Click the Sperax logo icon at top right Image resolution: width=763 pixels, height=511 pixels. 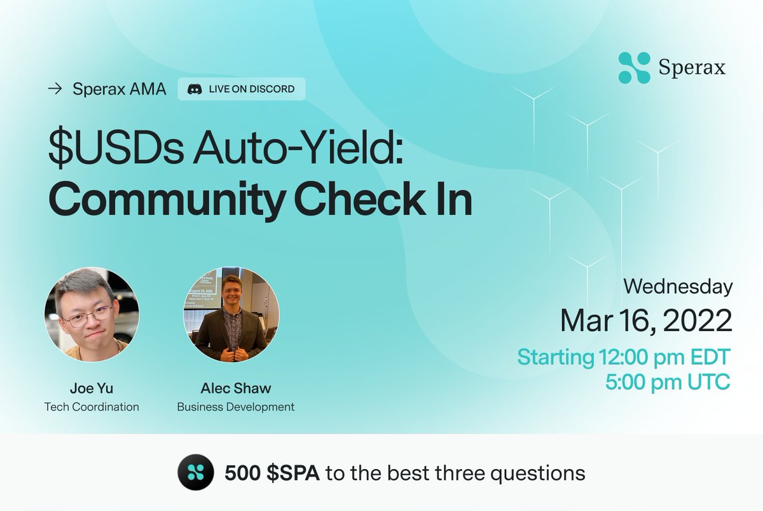coord(634,68)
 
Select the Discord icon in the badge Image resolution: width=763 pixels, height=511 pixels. coord(195,89)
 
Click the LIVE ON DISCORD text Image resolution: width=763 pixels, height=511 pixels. coord(251,89)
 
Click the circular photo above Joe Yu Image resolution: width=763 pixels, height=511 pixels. coord(92,315)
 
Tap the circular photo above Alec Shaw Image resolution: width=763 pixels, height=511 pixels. coord(231,315)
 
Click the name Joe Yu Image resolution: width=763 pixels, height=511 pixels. coord(92,388)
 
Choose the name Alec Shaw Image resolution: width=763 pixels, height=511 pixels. coord(235,388)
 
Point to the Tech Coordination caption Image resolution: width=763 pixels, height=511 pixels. coord(92,407)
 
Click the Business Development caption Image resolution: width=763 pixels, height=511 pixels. coord(235,407)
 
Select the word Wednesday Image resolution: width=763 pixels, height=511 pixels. coord(677,287)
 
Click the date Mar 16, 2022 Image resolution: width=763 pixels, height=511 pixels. coord(645,321)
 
